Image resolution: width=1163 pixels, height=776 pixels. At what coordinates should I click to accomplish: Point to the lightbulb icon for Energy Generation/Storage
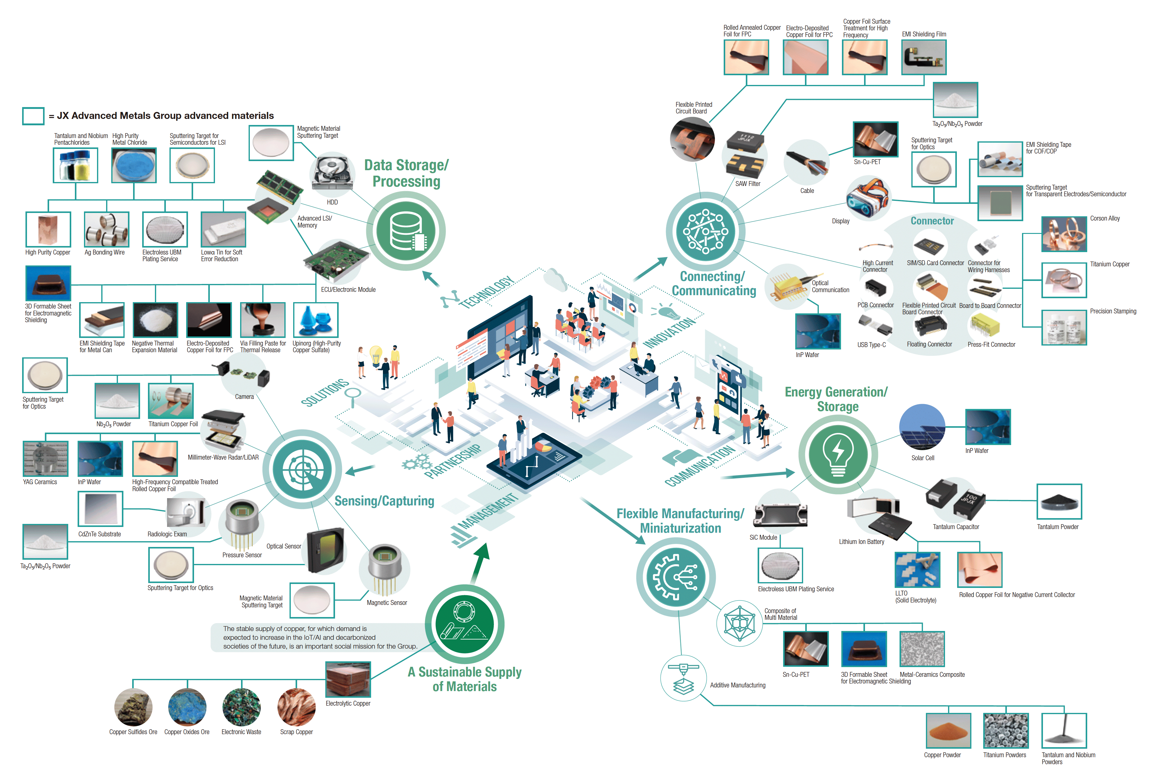[x=838, y=454]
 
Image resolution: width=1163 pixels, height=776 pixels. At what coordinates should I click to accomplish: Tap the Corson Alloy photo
[x=1064, y=234]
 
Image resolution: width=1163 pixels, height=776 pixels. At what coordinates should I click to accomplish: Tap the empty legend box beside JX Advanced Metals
[x=33, y=116]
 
